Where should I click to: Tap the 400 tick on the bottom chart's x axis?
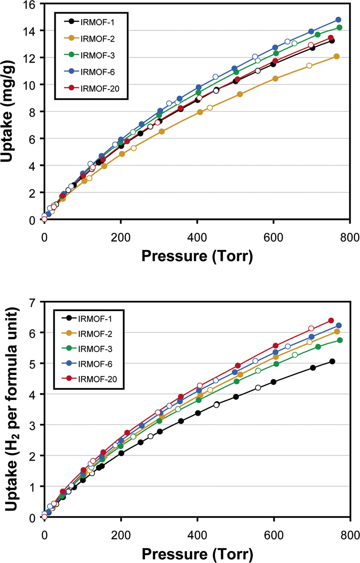(197, 535)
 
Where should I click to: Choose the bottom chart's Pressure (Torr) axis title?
(197, 554)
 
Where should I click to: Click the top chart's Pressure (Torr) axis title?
(197, 256)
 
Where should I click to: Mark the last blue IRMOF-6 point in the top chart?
(338, 20)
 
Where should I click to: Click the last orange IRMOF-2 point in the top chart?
(336, 57)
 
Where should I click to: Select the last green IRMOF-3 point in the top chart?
(339, 28)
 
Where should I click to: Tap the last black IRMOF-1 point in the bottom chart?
(332, 361)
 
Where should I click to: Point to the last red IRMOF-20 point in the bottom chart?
(331, 321)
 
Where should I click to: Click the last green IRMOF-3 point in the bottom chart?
(339, 340)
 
